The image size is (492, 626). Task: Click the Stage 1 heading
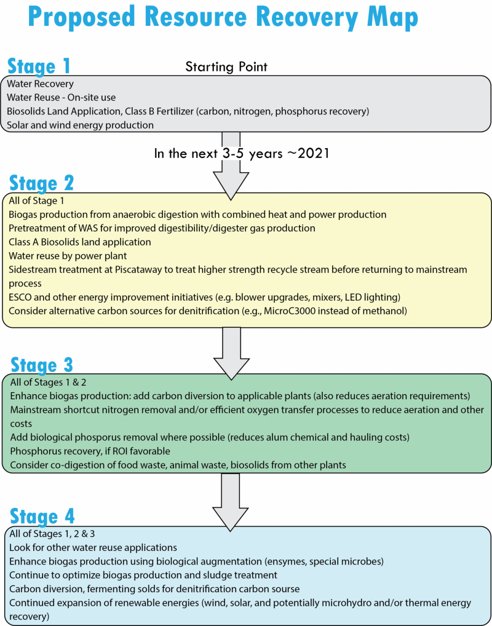(39, 66)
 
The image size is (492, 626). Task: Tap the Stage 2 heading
(42, 183)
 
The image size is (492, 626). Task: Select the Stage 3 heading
(42, 365)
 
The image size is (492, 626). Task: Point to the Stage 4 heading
(42, 517)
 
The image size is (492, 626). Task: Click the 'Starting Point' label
(226, 67)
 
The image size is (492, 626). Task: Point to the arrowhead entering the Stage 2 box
(231, 186)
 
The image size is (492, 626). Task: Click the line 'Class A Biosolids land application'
(80, 242)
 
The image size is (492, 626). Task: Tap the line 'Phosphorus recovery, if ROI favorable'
(90, 451)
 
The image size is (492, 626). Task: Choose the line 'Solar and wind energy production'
(81, 125)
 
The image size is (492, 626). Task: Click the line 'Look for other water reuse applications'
(93, 547)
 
